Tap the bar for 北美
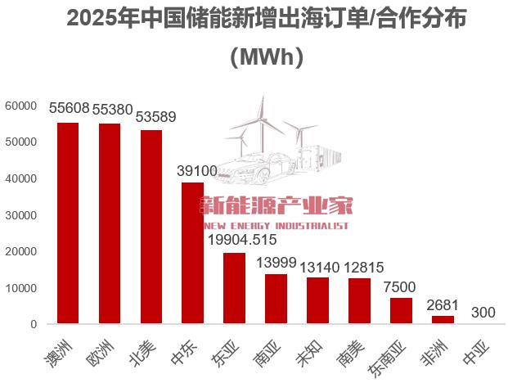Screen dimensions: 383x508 (151, 227)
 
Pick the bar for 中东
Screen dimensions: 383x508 (192, 253)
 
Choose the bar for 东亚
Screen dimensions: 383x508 (234, 288)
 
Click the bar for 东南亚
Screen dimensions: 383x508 (401, 311)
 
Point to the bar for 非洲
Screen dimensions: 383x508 (443, 320)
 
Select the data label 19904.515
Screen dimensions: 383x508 (243, 240)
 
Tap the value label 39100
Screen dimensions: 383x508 (197, 171)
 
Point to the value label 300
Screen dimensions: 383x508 (484, 313)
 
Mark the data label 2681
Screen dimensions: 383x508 (443, 304)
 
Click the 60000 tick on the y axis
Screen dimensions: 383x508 (21, 106)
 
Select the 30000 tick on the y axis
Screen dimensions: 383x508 (21, 215)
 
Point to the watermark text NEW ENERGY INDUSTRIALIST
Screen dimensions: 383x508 (275, 226)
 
